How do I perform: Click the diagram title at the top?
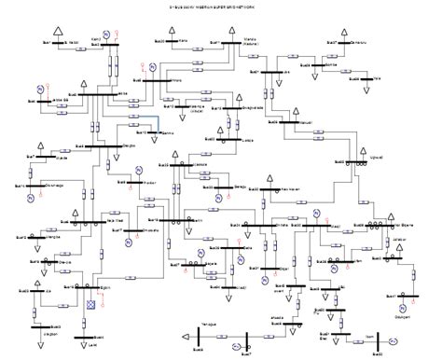click(x=221, y=7)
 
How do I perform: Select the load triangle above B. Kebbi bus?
click(x=58, y=33)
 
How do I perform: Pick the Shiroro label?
click(x=174, y=81)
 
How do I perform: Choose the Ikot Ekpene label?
click(x=402, y=224)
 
